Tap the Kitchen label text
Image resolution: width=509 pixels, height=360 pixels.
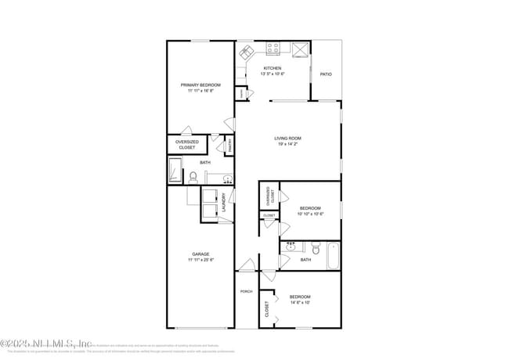tap(272, 68)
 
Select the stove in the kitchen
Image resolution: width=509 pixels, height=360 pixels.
tap(274, 49)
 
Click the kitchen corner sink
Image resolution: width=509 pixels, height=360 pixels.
tap(247, 52)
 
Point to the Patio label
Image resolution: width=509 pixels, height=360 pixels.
tap(326, 74)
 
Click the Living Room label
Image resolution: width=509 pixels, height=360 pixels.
tap(287, 139)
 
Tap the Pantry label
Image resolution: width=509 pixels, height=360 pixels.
tap(230, 145)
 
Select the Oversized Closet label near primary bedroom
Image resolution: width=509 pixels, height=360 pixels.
tap(186, 145)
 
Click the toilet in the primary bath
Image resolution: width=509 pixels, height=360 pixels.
tap(193, 177)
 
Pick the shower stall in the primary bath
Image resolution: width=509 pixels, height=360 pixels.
tap(175, 170)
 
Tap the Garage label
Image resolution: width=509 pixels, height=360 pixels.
tap(200, 254)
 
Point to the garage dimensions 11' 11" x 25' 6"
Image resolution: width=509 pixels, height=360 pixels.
tap(200, 260)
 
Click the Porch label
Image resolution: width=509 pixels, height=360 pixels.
tap(245, 291)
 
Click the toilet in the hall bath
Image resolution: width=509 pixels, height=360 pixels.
tap(315, 250)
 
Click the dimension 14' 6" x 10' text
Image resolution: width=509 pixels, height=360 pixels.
tap(300, 303)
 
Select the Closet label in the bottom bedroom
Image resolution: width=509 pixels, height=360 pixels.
tap(266, 311)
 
